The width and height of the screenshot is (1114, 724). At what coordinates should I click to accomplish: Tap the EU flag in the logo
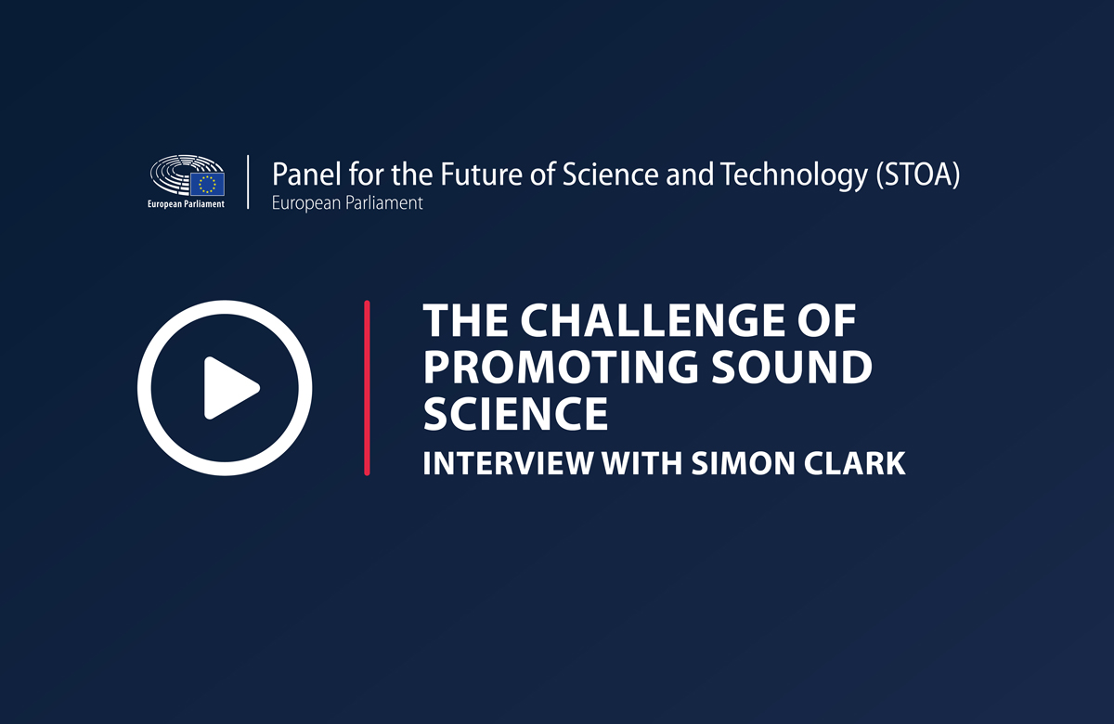(x=207, y=184)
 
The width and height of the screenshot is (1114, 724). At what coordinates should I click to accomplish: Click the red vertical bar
(x=367, y=388)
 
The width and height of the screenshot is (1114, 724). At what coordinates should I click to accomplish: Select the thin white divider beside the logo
(x=248, y=182)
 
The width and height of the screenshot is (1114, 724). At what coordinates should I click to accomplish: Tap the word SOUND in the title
(x=792, y=367)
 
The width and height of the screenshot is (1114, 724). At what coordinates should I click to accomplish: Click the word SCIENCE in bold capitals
(x=516, y=413)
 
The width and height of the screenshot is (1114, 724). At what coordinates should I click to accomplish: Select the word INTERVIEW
(x=508, y=463)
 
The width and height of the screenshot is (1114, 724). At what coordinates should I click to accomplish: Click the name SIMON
(x=743, y=463)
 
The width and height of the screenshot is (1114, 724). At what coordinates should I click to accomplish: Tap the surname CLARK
(x=855, y=463)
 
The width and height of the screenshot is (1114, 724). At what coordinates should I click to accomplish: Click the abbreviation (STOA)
(x=918, y=175)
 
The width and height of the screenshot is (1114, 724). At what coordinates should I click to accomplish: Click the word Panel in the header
(x=307, y=175)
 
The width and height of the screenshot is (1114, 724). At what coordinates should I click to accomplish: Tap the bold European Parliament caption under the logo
(x=186, y=204)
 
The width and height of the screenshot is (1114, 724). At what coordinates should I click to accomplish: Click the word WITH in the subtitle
(x=641, y=463)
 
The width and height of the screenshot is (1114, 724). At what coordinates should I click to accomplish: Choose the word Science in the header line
(x=611, y=175)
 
